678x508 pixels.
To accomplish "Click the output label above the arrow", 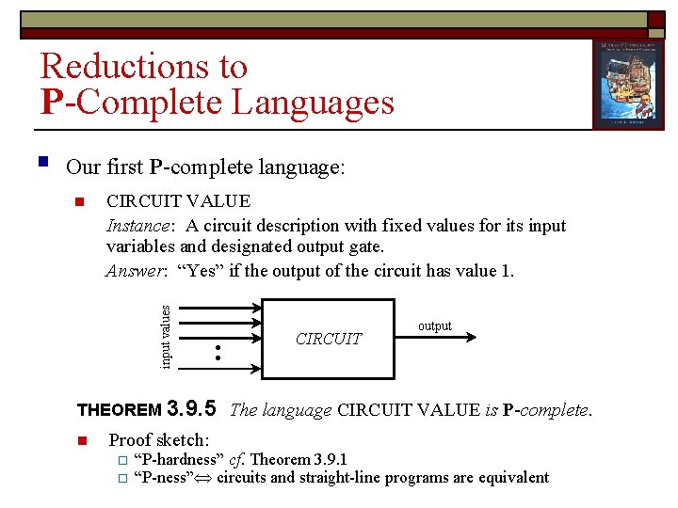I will (434, 326).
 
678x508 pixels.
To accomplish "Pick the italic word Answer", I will (135, 271).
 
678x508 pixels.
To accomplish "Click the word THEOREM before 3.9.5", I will (119, 410).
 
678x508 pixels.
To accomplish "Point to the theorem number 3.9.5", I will (190, 408).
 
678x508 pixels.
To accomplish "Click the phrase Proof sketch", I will (159, 440).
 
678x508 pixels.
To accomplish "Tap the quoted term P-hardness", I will (179, 459).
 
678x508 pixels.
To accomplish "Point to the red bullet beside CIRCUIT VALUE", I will (81, 201).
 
